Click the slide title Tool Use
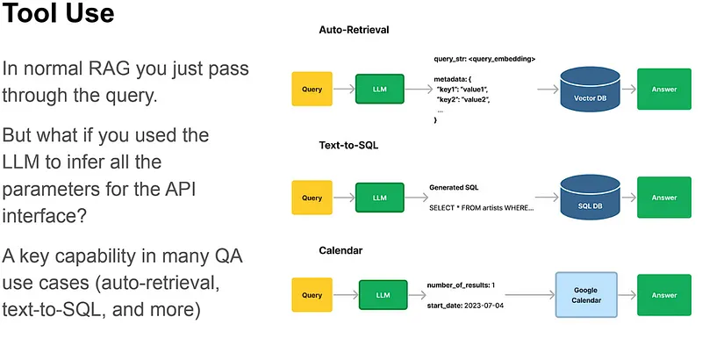coord(58,12)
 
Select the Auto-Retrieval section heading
coord(354,30)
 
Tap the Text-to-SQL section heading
coord(348,145)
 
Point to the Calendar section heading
coord(340,250)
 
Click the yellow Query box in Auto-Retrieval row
coord(312,89)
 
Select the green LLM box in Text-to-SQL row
coord(380,198)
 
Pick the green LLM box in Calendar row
coord(383,295)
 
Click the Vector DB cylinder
coord(590,89)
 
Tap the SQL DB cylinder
coord(590,198)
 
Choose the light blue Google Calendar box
coord(586,295)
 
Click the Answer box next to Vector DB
coord(664,89)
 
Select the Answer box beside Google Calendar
coord(664,295)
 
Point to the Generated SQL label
coord(454,188)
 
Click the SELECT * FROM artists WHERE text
coord(481,208)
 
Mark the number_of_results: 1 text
coord(461,285)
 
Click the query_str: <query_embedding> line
coord(484,59)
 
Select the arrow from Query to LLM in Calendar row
coord(346,295)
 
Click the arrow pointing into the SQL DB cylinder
coord(547,197)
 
